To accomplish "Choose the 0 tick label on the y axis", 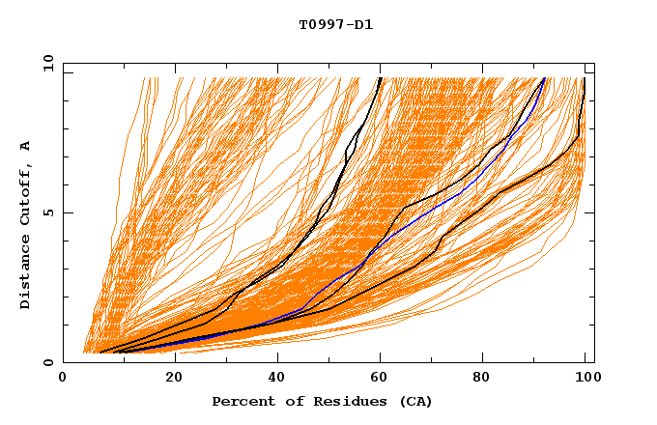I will [47, 362].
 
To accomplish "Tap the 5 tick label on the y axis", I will [47, 212].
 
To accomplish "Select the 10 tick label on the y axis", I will [44, 63].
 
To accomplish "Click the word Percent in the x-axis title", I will [243, 401].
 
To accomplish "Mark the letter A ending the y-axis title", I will [26, 145].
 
